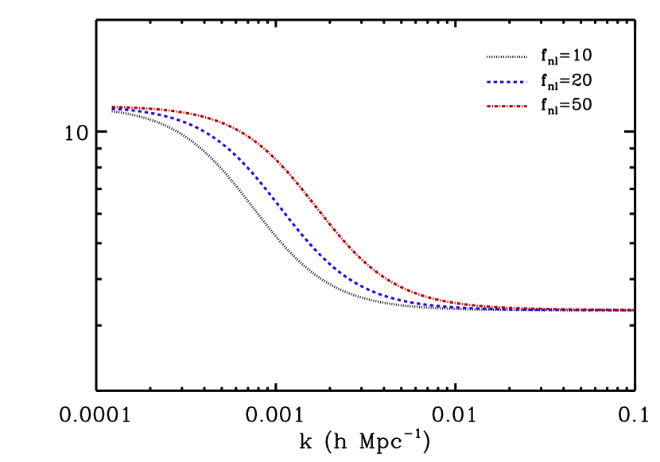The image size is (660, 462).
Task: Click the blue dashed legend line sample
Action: pos(507,82)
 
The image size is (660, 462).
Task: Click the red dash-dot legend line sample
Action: pos(507,106)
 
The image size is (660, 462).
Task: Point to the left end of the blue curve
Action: pos(112,109)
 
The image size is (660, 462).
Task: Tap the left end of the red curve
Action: pos(112,107)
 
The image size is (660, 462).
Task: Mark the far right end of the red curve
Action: pos(634,309)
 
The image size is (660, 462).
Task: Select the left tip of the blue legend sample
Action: pos(487,82)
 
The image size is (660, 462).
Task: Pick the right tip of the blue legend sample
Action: pos(526,82)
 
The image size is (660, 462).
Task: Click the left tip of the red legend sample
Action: pos(487,106)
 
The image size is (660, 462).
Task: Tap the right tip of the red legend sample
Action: pos(526,106)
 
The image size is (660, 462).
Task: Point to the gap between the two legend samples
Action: pos(507,94)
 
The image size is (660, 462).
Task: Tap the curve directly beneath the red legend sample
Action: pos(507,308)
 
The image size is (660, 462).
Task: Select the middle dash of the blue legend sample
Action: pos(507,82)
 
